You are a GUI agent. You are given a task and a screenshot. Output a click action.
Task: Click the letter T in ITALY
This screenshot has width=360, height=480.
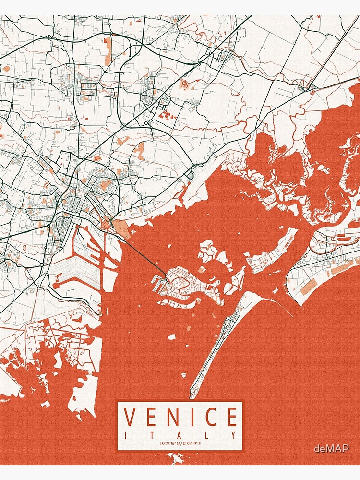pos(153,435)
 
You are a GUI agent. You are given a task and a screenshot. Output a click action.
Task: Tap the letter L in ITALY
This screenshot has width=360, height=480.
pos(207,435)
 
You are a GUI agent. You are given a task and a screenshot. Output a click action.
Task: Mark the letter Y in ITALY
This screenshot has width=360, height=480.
pos(234,435)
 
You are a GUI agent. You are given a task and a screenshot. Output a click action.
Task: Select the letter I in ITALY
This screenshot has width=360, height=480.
pos(126,435)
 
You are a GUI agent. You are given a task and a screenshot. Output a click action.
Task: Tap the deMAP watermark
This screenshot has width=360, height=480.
pos(331,449)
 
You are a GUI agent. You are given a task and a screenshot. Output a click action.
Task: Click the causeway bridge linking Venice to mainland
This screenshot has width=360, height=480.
pos(144,254)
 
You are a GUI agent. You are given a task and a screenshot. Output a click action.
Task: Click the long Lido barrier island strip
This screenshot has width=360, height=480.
pos(216,346)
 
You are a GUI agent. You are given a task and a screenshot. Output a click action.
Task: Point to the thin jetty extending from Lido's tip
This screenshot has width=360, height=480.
pos(281,306)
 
